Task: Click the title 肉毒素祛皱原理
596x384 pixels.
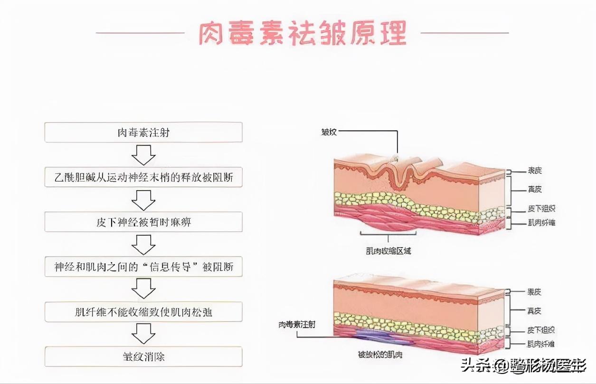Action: (303, 33)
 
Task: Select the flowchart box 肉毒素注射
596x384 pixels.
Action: (143, 132)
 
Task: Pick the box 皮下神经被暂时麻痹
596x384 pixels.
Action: (143, 222)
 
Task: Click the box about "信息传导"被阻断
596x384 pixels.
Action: (143, 267)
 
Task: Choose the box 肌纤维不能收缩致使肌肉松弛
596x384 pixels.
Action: (143, 312)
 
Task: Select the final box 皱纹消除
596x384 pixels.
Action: (143, 356)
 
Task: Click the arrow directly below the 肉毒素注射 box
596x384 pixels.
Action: (143, 154)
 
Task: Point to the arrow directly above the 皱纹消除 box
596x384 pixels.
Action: (143, 334)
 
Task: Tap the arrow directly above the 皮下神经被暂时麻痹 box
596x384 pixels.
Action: (143, 200)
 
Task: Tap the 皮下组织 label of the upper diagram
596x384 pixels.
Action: (541, 209)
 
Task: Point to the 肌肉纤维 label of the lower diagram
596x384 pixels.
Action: (541, 343)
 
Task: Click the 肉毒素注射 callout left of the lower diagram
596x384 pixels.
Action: (297, 325)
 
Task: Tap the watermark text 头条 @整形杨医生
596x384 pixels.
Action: (524, 365)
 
